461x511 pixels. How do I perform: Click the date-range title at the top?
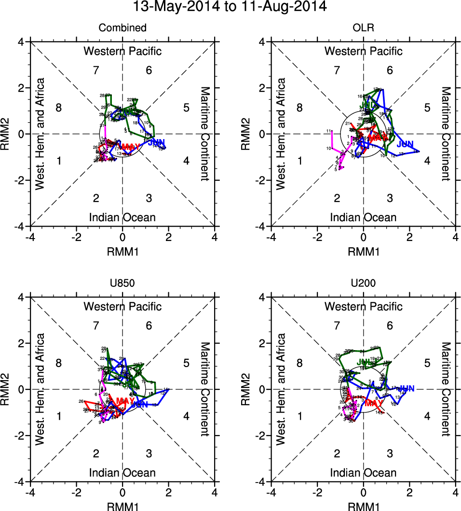(x=230, y=7)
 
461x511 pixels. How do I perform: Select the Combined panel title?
(x=122, y=28)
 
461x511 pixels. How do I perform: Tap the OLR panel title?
(x=363, y=28)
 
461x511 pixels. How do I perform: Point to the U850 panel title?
(x=122, y=284)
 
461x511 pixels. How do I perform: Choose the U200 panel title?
(x=363, y=284)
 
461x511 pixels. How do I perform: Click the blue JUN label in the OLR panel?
(x=406, y=144)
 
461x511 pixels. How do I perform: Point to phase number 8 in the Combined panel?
(x=59, y=107)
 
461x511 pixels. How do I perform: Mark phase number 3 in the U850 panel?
(x=149, y=453)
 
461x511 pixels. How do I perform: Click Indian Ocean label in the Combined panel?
(x=122, y=217)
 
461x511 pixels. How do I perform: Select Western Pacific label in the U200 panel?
(x=363, y=306)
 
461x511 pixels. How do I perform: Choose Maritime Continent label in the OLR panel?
(x=446, y=133)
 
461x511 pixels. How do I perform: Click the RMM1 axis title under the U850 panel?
(x=122, y=506)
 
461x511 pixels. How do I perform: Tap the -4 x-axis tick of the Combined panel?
(x=30, y=237)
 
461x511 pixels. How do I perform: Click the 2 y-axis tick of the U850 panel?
(x=21, y=343)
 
